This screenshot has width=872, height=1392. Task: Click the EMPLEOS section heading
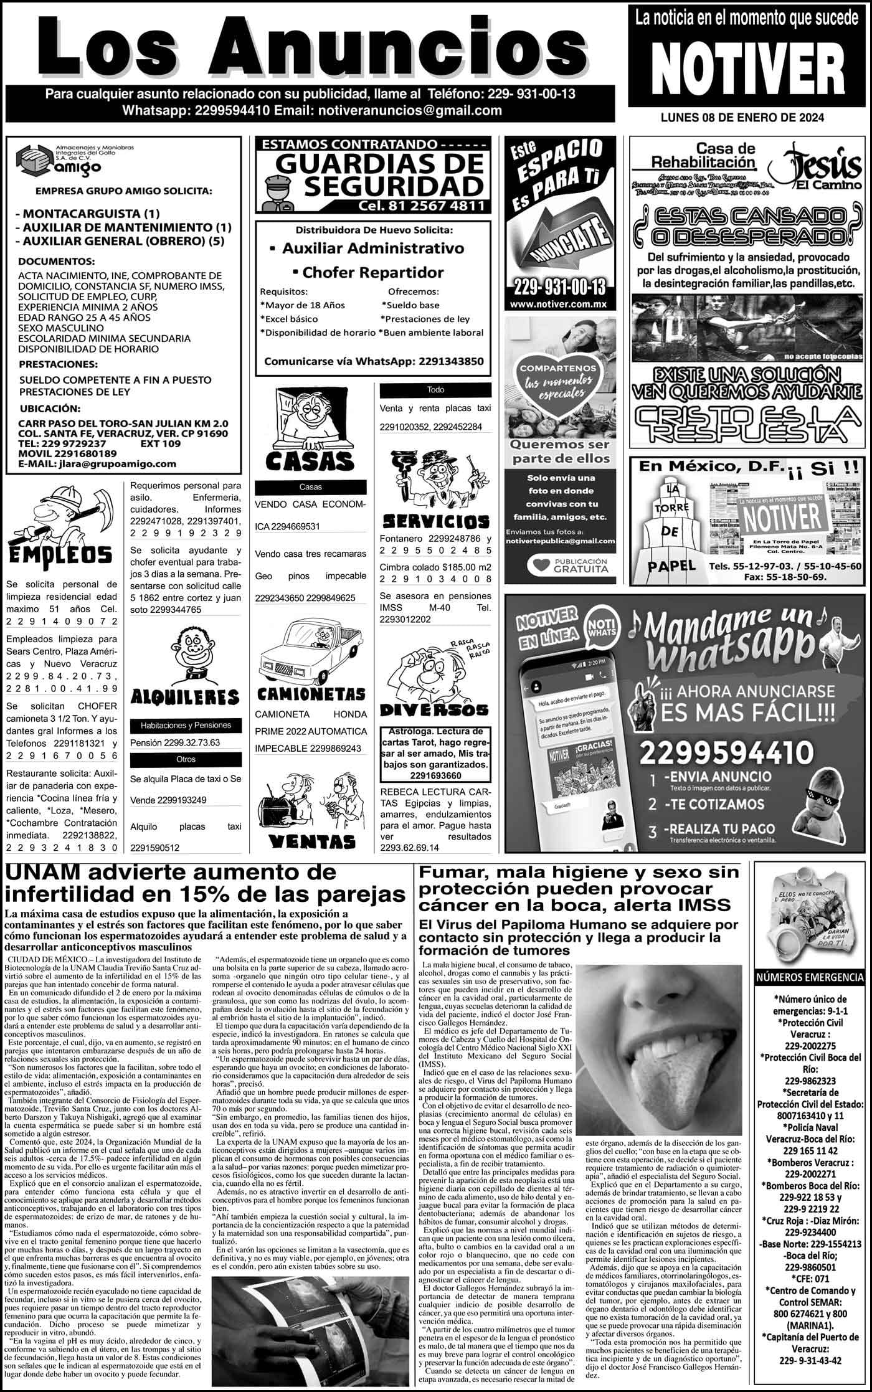click(60, 554)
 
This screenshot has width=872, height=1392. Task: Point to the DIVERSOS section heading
click(434, 710)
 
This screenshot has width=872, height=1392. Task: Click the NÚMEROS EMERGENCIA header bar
click(810, 977)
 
